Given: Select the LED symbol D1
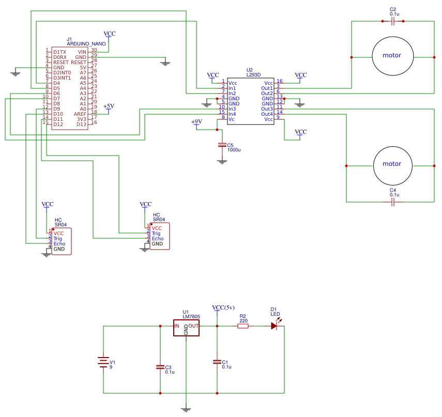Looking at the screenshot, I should tap(274, 326).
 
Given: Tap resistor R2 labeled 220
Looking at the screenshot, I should tap(243, 326).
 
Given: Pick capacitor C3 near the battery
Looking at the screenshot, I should tap(160, 367).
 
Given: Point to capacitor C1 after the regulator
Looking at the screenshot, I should tap(217, 362).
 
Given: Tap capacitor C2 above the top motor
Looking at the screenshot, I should tap(393, 21).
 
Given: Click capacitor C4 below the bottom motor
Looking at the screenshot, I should tap(393, 202).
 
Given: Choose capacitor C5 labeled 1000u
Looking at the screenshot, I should tap(222, 145).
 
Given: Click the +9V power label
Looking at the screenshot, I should tap(196, 122).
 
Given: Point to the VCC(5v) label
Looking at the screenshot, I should tap(223, 307).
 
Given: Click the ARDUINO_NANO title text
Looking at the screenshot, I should tap(86, 44).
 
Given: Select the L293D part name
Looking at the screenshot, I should tap(253, 75).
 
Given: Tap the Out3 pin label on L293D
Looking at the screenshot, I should tap(267, 109).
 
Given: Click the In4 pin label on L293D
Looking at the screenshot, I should tap(232, 114).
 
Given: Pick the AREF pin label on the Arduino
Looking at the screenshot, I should tap(80, 114).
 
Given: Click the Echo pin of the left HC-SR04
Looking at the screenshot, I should tap(59, 243).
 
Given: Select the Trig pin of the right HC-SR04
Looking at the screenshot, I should tap(156, 233).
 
